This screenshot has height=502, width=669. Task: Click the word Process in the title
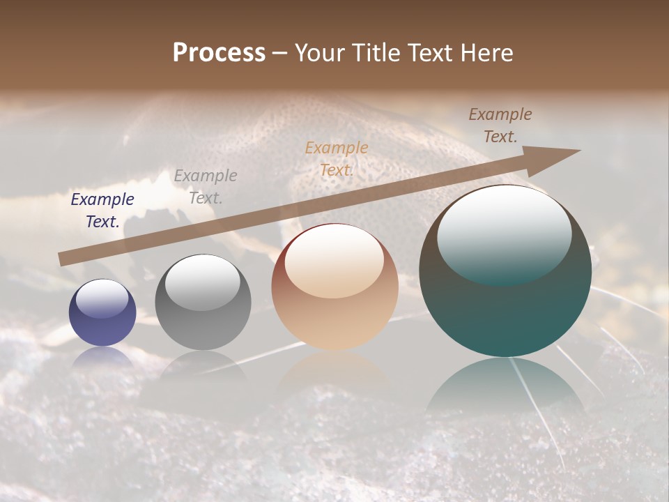click(219, 53)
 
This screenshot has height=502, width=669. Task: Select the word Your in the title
click(320, 53)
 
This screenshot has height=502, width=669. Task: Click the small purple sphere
click(102, 313)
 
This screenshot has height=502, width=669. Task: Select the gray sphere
click(203, 303)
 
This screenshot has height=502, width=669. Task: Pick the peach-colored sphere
click(334, 287)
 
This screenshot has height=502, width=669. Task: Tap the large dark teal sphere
click(505, 271)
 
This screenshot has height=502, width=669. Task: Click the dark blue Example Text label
click(102, 211)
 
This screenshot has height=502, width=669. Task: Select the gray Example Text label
click(206, 187)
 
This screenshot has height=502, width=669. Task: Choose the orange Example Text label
click(337, 159)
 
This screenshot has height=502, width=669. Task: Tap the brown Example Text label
click(500, 125)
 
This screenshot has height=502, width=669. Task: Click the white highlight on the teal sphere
click(505, 234)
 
